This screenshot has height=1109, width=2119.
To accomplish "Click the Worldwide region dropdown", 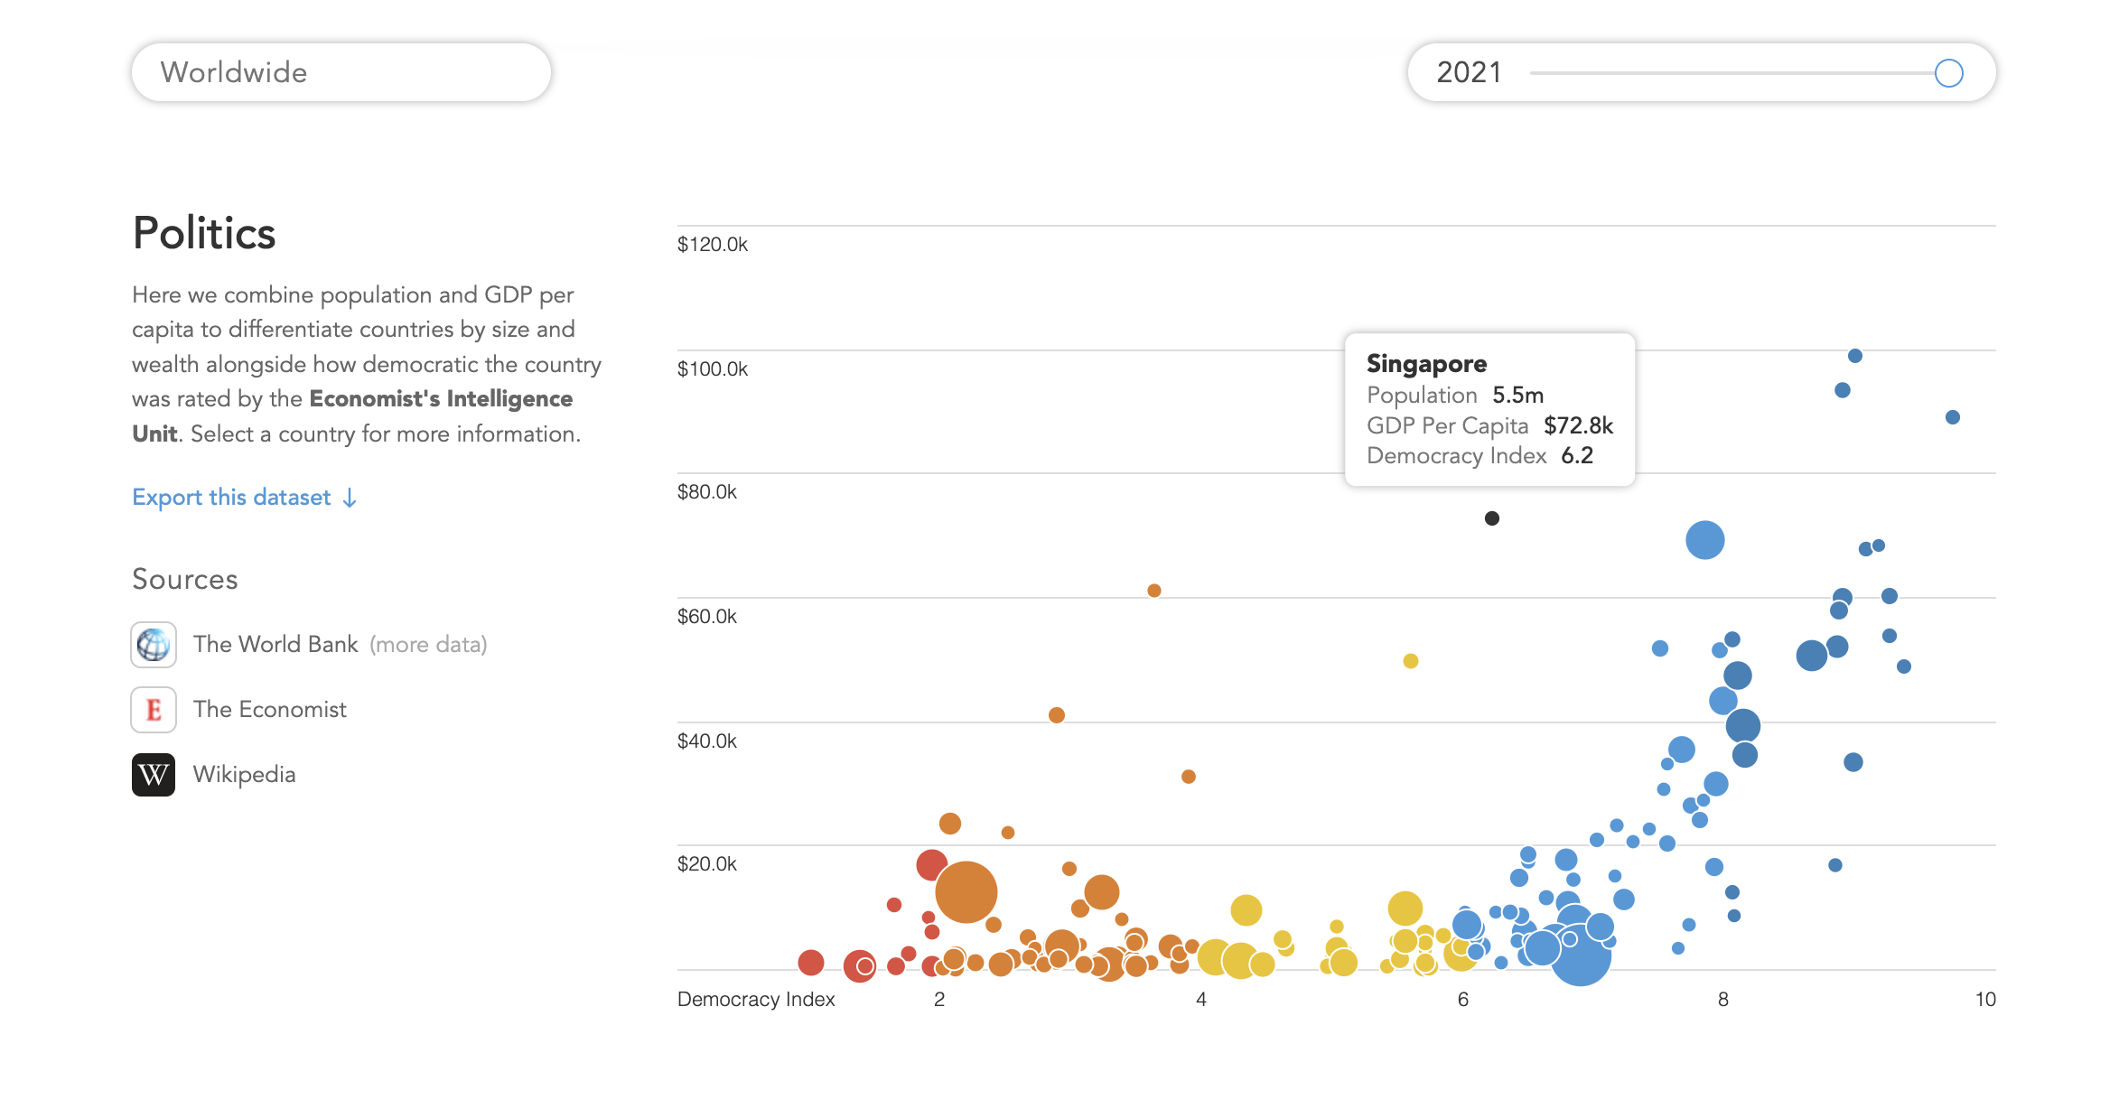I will click(341, 72).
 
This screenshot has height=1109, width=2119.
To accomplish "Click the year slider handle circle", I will click(1948, 73).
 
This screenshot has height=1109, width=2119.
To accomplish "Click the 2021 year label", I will click(1469, 72).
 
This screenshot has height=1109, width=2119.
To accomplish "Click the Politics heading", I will click(204, 233).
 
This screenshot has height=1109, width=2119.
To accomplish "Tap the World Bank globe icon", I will click(154, 645).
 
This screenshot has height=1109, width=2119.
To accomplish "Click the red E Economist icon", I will click(154, 710).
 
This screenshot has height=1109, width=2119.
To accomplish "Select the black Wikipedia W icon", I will click(154, 775).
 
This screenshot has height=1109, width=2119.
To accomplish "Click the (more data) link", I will click(428, 645).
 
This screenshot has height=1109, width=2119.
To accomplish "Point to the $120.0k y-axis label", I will click(713, 245).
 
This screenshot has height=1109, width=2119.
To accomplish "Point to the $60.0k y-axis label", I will click(707, 617).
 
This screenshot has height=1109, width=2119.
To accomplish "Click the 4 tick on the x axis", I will click(1201, 1000).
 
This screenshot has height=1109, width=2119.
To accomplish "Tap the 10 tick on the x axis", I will click(1984, 1000).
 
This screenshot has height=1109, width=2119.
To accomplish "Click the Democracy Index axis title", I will click(756, 1000).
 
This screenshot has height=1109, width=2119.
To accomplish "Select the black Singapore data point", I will click(1492, 518).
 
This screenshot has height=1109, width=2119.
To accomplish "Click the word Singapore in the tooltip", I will click(1426, 364).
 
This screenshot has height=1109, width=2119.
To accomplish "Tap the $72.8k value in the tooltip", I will click(1578, 426).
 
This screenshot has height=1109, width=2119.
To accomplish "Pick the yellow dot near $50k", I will click(1411, 661).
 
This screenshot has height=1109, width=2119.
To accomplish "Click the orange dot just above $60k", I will click(1154, 591).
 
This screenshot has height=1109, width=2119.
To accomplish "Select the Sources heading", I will click(185, 580).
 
